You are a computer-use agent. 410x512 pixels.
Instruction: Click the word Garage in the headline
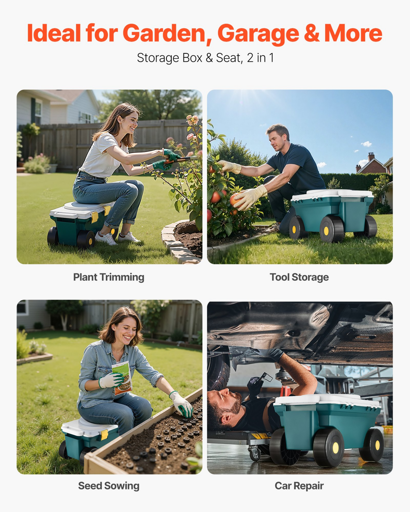pyautogui.click(x=258, y=34)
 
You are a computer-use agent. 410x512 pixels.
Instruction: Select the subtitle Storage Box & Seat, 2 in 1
pyautogui.click(x=205, y=58)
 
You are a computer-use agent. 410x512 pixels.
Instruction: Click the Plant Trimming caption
pyautogui.click(x=109, y=277)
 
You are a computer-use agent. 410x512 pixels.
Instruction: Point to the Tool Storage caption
pyautogui.click(x=299, y=277)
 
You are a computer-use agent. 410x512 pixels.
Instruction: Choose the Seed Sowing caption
pyautogui.click(x=109, y=486)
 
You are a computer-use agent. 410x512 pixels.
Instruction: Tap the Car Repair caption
pyautogui.click(x=299, y=486)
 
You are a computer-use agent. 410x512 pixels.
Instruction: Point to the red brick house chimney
pyautogui.click(x=371, y=156)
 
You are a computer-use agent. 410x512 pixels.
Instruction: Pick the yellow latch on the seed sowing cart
pyautogui.click(x=104, y=435)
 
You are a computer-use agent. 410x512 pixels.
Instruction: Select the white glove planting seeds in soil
pyautogui.click(x=182, y=404)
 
